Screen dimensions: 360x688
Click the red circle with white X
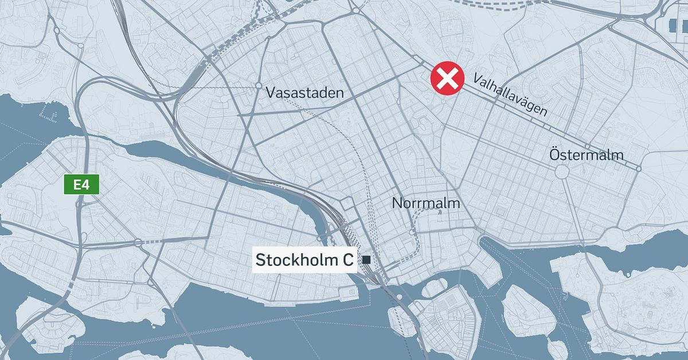tap(448, 78)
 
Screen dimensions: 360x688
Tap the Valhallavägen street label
tap(510, 95)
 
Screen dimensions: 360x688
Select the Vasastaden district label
tap(305, 93)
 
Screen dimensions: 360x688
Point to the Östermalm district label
tap(586, 155)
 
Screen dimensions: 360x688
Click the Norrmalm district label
tap(426, 203)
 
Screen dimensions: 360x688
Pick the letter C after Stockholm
tap(347, 260)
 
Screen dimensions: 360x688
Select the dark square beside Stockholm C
tap(366, 260)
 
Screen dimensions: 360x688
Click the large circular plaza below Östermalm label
tap(562, 171)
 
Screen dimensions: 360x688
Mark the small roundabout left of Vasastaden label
tap(257, 87)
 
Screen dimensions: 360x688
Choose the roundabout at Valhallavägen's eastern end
tap(639, 169)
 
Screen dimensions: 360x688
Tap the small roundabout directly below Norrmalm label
tap(412, 232)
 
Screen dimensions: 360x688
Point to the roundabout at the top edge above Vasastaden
tap(355, 10)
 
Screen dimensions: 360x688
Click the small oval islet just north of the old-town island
tap(435, 288)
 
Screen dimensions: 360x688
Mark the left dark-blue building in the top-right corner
tap(673, 25)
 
